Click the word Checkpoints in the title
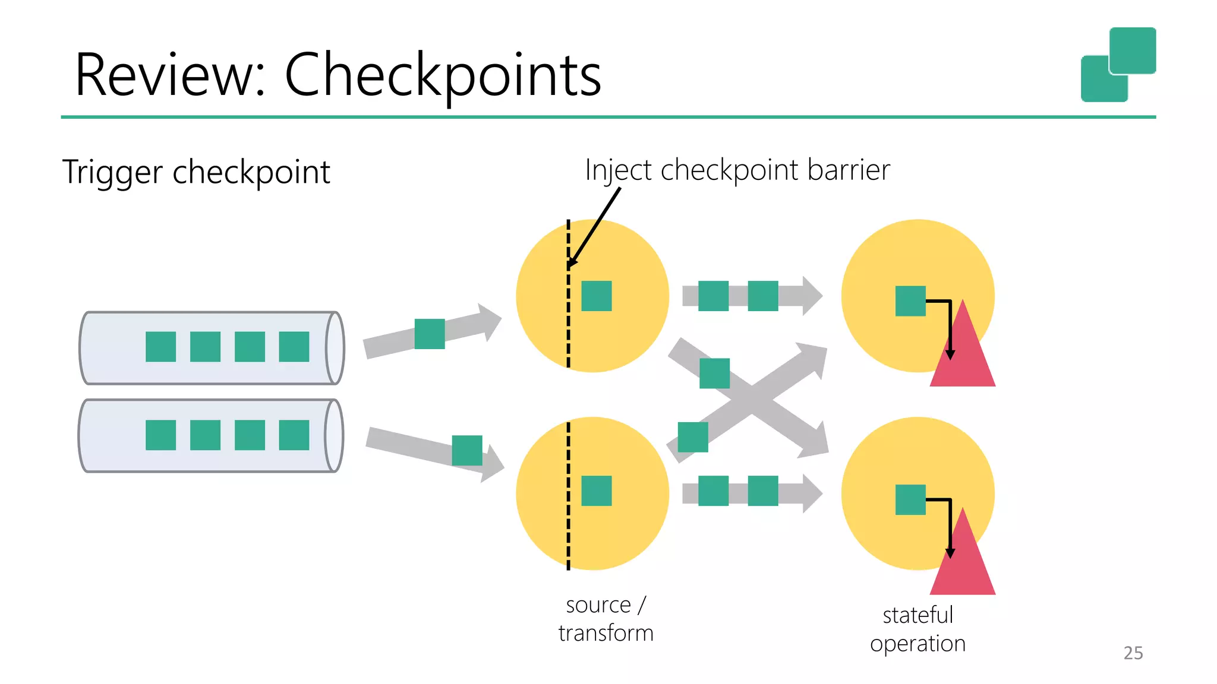pos(443,75)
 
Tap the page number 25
pos(1133,653)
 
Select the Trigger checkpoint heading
pos(196,172)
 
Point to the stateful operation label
pos(918,629)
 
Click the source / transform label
pos(606,619)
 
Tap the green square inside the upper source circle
pos(596,296)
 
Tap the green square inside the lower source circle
pos(596,490)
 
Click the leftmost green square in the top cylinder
pos(160,347)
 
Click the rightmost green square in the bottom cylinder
pos(294,435)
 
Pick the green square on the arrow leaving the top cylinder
pos(430,334)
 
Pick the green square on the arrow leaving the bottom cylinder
pos(467,450)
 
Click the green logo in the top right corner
pos(1118,64)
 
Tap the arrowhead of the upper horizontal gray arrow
pos(812,296)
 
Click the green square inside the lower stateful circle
pos(910,499)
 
